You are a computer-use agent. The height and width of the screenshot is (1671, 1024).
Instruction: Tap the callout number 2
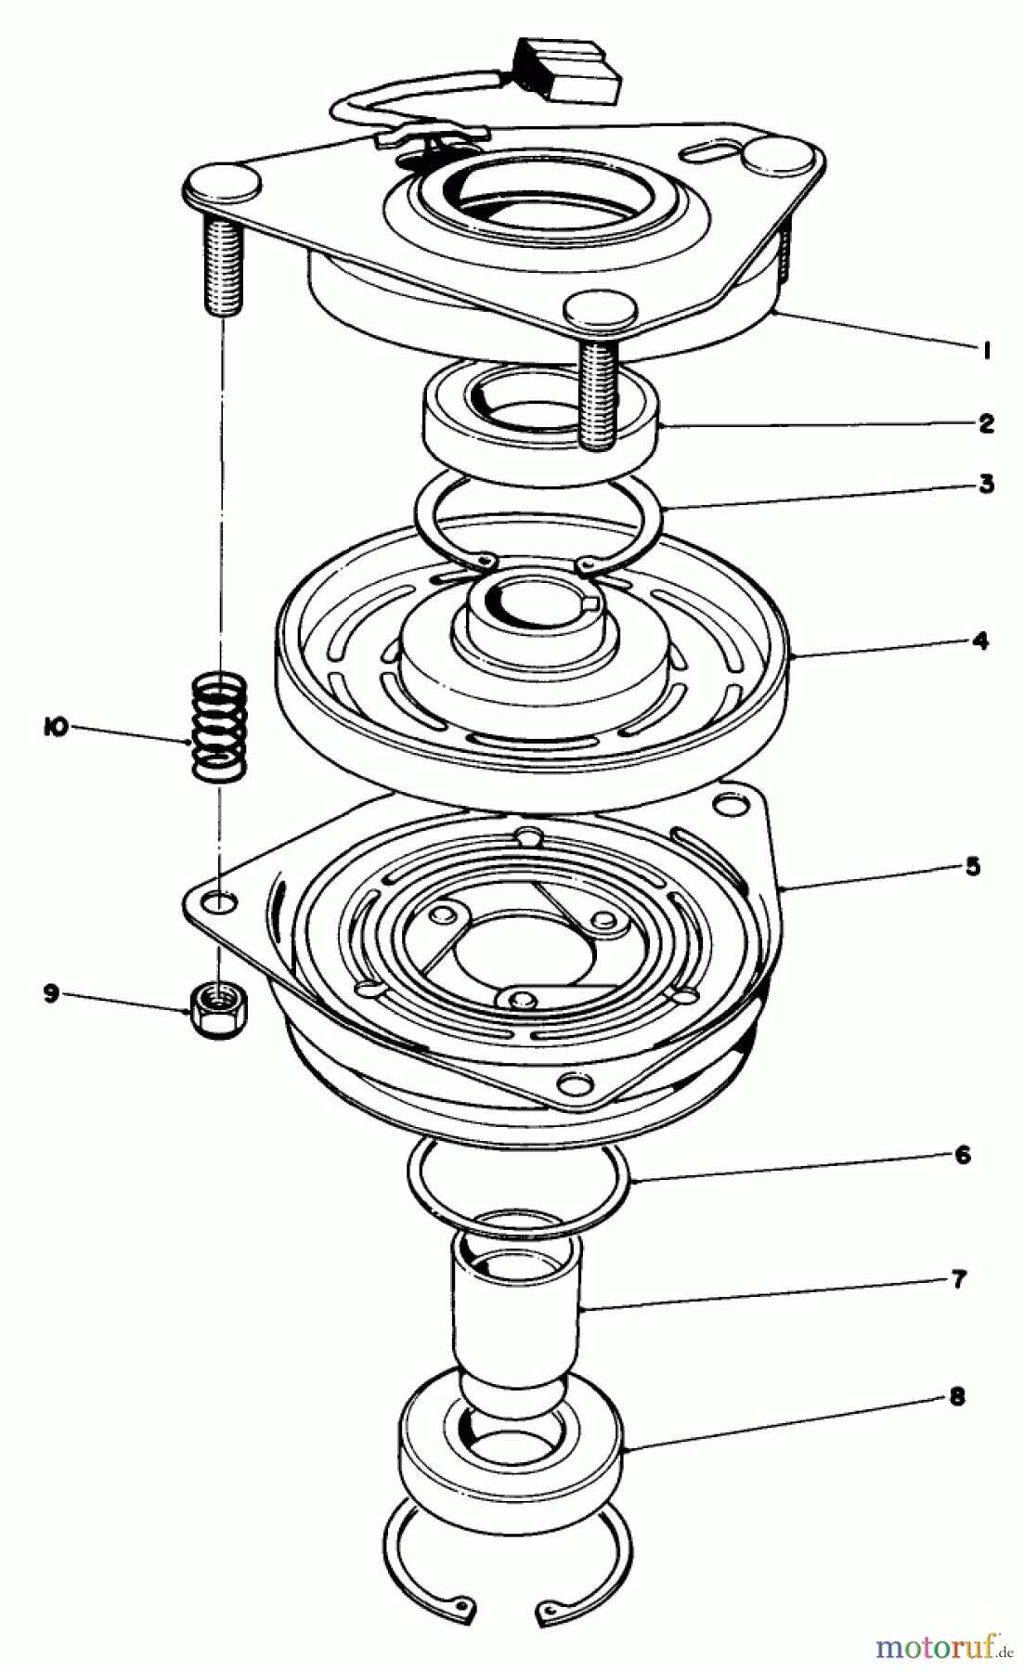click(x=985, y=424)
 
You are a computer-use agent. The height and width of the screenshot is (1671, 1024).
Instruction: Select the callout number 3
click(x=986, y=484)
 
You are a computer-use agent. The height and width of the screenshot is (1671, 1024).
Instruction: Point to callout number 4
click(x=981, y=641)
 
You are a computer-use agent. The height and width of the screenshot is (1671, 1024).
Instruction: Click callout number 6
click(x=962, y=1155)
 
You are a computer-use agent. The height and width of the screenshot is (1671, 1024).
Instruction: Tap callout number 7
click(x=959, y=1279)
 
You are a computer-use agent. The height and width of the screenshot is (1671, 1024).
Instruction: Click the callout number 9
click(x=52, y=993)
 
